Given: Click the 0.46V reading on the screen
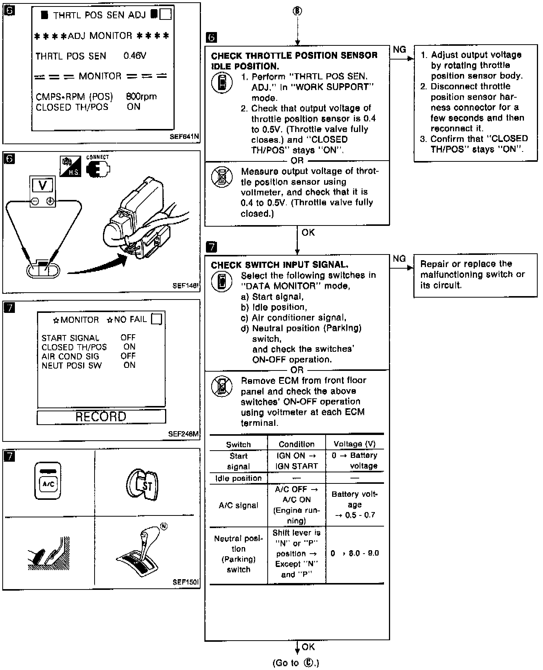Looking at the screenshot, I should coord(135,56).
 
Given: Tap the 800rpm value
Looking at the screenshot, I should coord(141,97).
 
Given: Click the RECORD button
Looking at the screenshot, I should coord(101,417).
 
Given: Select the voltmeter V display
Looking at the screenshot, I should coord(43,186).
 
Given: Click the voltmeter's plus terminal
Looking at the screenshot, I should coord(50,201).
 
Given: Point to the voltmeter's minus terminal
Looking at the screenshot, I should coord(35,201).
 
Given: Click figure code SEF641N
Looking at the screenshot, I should coord(185,137).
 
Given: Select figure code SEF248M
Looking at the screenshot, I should coord(183,434).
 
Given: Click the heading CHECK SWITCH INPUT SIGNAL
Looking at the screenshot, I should coord(280,265).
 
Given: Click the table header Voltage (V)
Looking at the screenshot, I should coord(354,444).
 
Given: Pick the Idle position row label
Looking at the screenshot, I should coord(238,478).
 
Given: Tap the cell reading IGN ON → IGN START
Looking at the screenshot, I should coord(296,461).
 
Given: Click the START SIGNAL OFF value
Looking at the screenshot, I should coord(128,337).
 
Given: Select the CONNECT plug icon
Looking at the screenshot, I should coord(98,168).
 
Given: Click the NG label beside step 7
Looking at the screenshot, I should coord(399,259).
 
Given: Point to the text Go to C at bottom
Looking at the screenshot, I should coord(296,663).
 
